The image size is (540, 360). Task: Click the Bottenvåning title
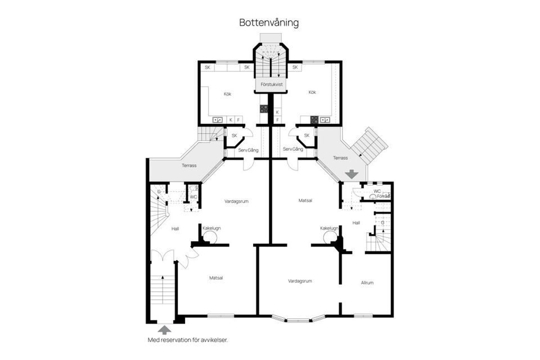coord(269,23)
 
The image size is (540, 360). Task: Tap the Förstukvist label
coord(271,84)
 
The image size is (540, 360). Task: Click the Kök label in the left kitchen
coord(227,94)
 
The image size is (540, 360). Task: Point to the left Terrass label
coord(189,166)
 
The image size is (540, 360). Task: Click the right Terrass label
coord(340,158)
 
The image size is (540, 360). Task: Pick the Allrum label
coord(367,282)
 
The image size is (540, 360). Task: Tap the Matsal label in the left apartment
coord(216,278)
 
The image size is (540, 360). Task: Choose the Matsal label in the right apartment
coord(305,200)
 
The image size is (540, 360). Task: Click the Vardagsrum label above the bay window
coord(300,281)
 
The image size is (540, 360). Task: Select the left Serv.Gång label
coord(248,149)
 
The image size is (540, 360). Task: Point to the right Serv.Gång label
coord(293,149)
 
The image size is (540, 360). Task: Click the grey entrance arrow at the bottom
coord(164,330)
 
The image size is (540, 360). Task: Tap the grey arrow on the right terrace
coord(352,174)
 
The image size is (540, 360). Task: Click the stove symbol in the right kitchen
coord(314,119)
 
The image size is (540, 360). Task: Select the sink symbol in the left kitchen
coord(217,120)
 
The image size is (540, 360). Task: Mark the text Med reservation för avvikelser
coord(187,340)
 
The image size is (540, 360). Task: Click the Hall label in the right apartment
coord(356,223)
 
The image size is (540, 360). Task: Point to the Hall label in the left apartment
coord(175,228)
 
